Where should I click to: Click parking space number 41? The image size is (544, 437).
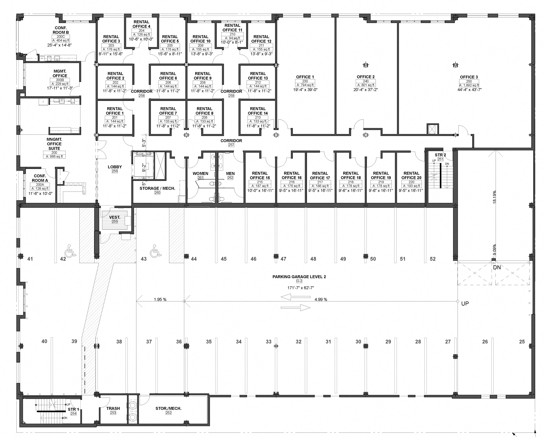30,259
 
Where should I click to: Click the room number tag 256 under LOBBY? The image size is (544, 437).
115,171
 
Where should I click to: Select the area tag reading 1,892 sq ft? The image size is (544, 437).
469,85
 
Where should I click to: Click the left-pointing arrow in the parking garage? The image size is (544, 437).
295,297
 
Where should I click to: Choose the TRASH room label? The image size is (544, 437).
113,408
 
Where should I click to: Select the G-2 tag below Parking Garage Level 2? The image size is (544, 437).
299,281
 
